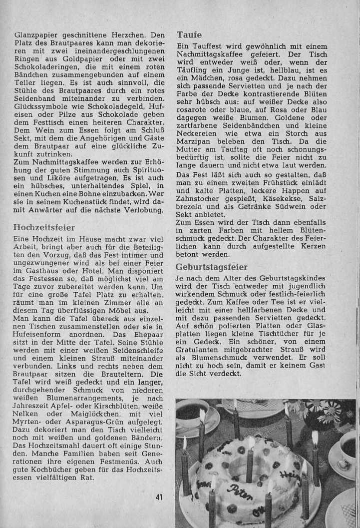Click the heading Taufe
189,35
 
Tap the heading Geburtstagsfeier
211,267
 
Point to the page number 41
160,497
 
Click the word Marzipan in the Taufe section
194,142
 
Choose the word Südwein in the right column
285,205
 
